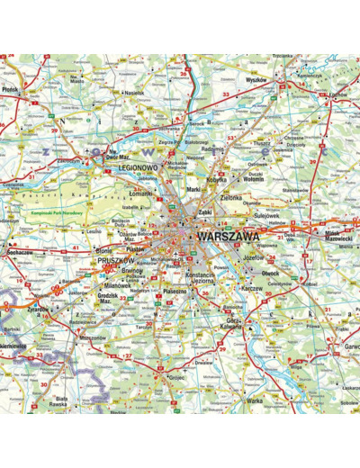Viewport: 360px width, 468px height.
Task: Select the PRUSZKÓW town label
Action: (x=114, y=259)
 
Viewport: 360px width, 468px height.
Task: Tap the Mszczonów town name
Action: (x=94, y=339)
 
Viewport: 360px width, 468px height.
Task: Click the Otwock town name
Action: (x=270, y=274)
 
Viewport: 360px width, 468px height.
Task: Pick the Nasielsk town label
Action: (x=134, y=93)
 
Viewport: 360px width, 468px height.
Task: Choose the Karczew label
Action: (x=253, y=288)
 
